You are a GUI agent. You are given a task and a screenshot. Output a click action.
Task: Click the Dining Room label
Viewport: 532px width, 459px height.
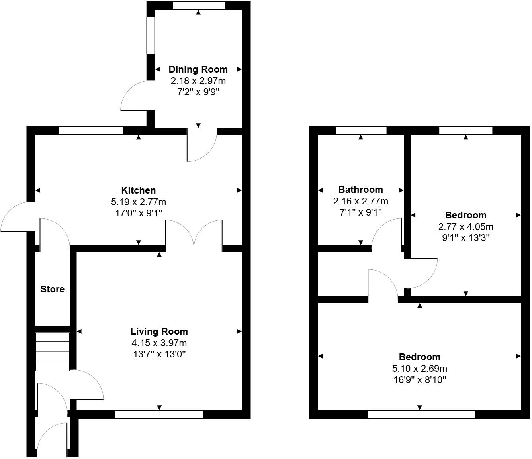pos(198,69)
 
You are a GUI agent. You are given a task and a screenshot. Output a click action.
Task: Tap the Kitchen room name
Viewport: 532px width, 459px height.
pos(138,190)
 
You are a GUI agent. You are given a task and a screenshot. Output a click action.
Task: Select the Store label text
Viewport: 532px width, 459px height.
pos(52,289)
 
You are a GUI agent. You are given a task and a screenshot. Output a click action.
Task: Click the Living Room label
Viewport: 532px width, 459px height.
pos(159,331)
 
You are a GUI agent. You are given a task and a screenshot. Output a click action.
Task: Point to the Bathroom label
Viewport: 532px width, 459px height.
pos(360,190)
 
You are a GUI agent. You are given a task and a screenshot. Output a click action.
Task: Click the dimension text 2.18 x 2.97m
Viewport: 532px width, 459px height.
pos(198,81)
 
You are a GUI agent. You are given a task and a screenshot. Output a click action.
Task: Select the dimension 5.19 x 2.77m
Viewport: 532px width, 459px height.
pos(138,202)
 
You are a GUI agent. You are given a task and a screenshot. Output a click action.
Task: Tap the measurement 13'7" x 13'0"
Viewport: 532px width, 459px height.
pos(159,354)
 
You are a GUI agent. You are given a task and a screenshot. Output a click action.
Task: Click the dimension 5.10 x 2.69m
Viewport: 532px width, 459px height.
pos(420,369)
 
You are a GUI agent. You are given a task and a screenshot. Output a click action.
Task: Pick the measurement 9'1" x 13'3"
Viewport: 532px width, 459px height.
pos(465,238)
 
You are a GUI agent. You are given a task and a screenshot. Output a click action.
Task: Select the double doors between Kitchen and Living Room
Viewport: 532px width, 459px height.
pos(194,235)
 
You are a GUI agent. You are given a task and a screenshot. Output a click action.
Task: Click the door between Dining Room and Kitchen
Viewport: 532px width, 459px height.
pos(201,146)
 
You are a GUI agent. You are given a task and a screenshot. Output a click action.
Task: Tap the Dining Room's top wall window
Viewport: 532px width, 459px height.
pos(199,6)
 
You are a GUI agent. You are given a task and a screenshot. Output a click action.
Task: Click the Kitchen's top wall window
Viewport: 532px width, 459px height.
pos(91,130)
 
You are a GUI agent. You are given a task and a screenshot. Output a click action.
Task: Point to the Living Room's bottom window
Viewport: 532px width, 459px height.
pos(159,415)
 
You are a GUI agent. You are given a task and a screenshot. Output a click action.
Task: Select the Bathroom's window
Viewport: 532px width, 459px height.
pos(361,130)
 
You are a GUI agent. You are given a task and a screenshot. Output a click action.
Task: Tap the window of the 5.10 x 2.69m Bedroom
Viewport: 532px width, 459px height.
pos(421,415)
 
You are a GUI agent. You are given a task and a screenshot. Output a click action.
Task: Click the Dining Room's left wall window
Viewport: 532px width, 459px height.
pos(151,35)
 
